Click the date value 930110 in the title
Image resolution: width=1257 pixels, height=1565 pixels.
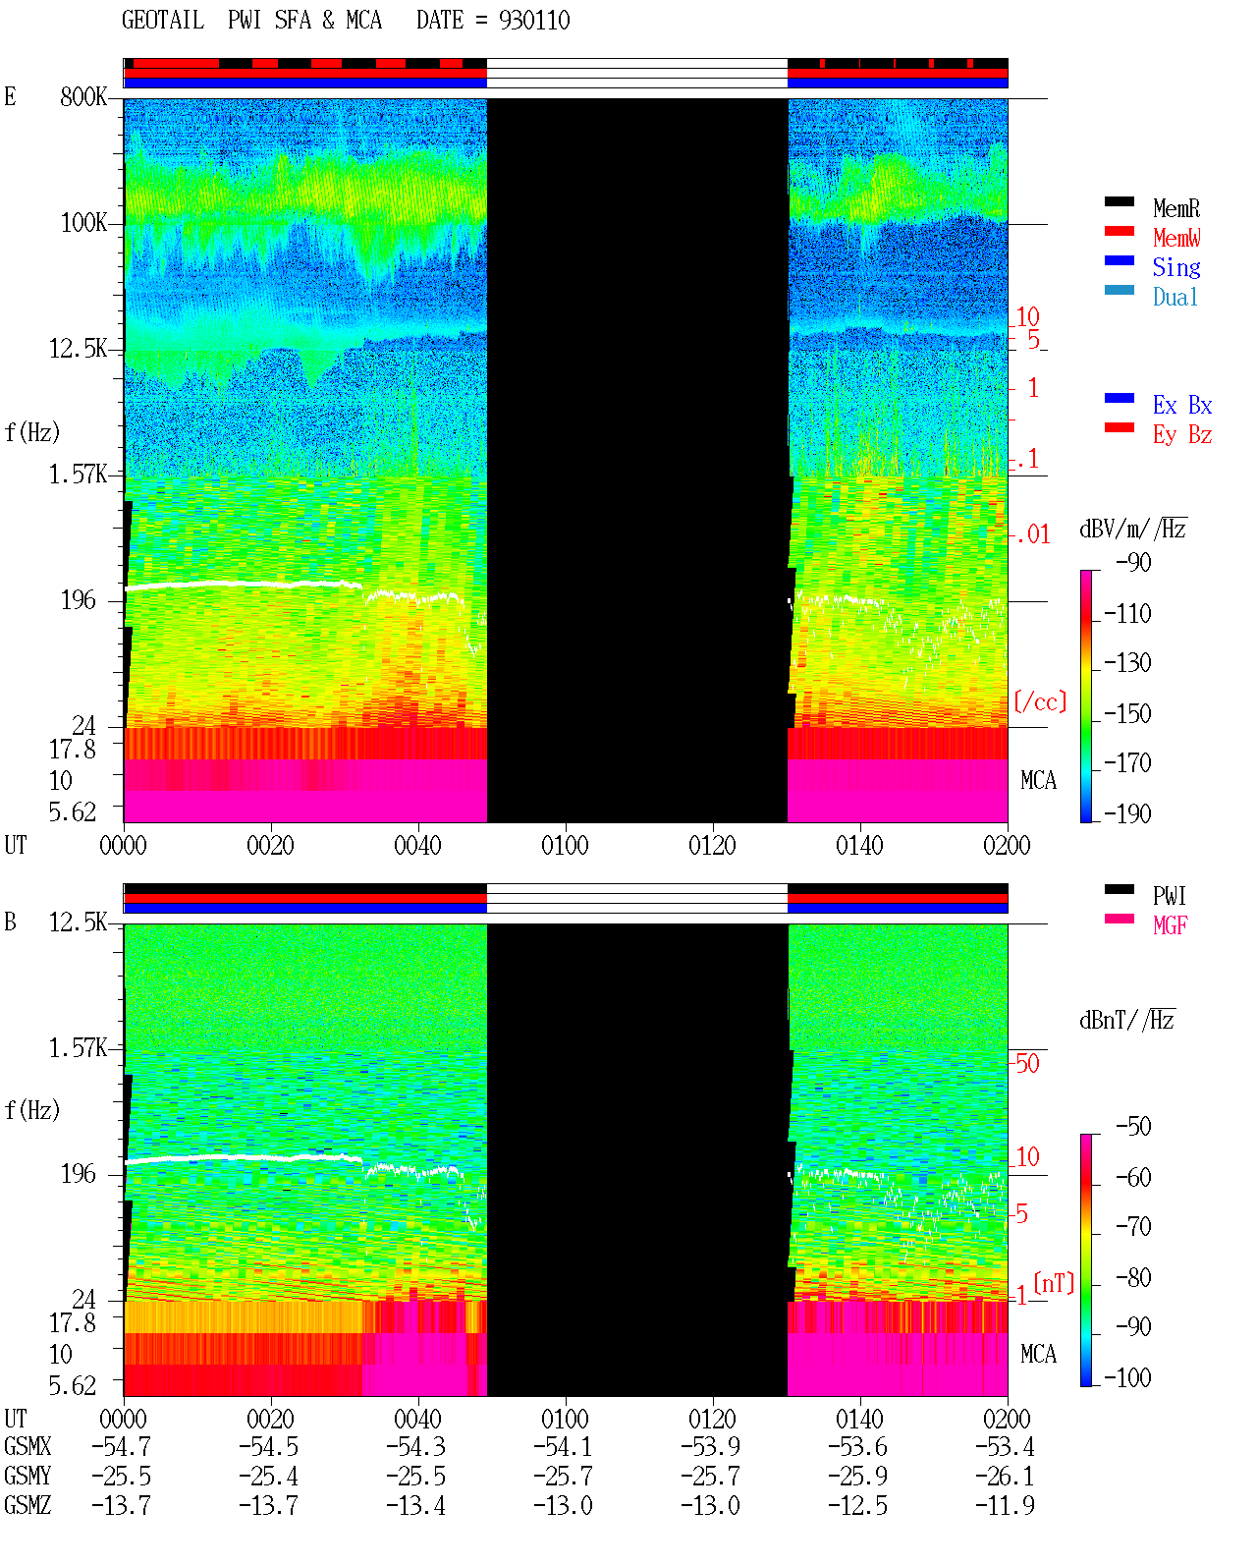coord(534,21)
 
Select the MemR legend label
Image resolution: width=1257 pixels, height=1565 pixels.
coord(1176,208)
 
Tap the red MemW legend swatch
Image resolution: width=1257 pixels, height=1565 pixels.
coord(1119,231)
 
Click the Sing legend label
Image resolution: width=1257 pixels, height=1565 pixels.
coord(1176,267)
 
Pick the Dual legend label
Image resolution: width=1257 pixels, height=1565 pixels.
coord(1175,297)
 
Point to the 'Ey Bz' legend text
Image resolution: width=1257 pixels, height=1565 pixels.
coord(1182,435)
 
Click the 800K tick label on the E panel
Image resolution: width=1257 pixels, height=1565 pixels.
coord(83,96)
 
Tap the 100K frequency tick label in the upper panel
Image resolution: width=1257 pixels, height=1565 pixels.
coord(83,223)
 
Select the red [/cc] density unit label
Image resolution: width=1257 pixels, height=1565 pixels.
coord(1040,701)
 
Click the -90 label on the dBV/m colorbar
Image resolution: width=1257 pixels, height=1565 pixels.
coord(1133,562)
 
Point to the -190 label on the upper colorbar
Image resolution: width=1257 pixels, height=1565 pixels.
coord(1127,813)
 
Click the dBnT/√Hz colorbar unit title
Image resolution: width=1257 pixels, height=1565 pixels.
coord(1127,1021)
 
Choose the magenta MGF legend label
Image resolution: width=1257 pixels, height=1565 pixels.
coord(1170,925)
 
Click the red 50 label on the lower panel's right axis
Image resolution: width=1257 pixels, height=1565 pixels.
coord(1027,1064)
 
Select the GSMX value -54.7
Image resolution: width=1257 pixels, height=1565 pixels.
coord(122,1447)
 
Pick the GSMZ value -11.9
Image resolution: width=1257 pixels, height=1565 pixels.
coord(1005,1506)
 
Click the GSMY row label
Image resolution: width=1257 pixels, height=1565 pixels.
coord(27,1477)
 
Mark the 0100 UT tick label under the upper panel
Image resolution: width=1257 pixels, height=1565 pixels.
coord(565,846)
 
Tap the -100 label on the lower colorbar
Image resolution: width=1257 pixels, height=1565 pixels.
coord(1127,1378)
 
